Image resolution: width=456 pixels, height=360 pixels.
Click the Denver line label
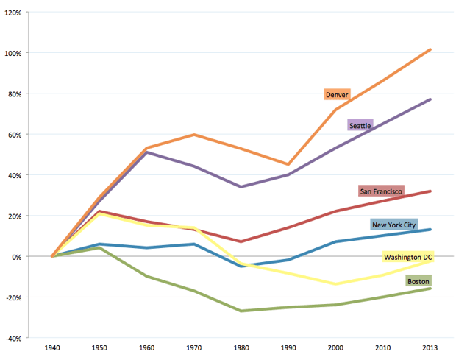click(x=337, y=95)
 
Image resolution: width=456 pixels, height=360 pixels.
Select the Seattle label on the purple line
click(x=360, y=125)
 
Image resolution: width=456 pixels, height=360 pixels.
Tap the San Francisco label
click(x=380, y=191)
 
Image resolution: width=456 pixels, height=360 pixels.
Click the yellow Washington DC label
click(x=407, y=257)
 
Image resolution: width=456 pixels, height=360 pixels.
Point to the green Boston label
click(x=417, y=281)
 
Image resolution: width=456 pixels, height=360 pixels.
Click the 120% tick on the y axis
click(x=13, y=13)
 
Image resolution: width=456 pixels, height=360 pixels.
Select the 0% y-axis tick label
click(x=16, y=257)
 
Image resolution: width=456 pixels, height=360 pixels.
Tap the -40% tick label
click(x=13, y=339)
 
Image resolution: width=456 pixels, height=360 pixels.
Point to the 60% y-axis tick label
click(x=15, y=135)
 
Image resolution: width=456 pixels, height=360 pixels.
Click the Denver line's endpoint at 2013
click(x=430, y=49)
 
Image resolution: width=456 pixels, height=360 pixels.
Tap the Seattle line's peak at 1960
click(x=146, y=152)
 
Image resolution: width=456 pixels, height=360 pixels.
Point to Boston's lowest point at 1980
click(x=241, y=311)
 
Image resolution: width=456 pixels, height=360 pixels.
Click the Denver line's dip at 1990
click(x=288, y=164)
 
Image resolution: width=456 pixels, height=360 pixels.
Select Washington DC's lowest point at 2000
click(x=335, y=284)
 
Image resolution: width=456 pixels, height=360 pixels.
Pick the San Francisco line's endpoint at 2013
click(x=430, y=191)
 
